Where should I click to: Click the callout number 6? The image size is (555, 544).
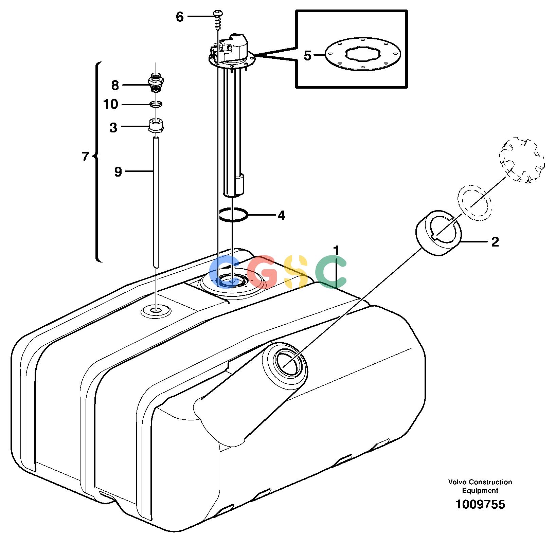[180, 16]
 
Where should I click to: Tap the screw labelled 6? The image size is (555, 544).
[217, 20]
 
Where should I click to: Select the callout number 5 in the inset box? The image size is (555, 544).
[307, 55]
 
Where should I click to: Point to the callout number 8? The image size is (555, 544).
[115, 85]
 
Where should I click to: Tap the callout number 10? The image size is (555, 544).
[111, 104]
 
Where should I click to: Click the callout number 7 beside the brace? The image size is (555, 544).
[85, 157]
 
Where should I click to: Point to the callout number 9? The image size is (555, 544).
[118, 172]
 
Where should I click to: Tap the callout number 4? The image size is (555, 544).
[282, 215]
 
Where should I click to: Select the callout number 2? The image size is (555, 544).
[495, 242]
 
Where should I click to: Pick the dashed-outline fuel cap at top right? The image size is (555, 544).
[521, 160]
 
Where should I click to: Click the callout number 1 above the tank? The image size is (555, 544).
[336, 251]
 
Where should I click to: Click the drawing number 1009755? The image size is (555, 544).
[480, 504]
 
